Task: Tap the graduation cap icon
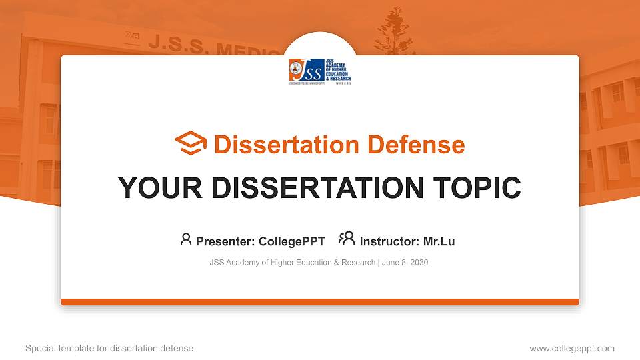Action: pos(191,144)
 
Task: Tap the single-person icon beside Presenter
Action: pos(186,239)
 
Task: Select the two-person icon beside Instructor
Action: pos(347,239)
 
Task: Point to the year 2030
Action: pos(419,263)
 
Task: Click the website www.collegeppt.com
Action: pos(571,348)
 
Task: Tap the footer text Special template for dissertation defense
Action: pos(109,348)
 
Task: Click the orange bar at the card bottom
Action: pos(320,302)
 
